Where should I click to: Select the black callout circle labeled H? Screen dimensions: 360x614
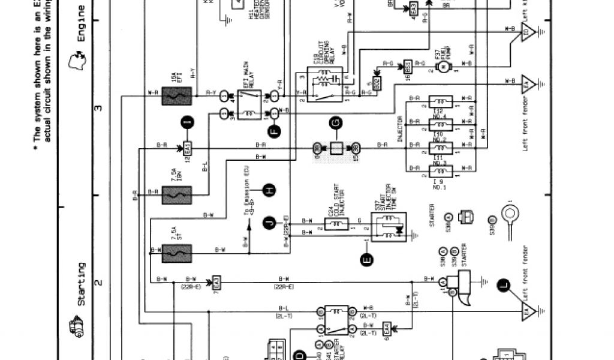click(270, 190)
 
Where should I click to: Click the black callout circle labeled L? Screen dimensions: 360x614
click(502, 285)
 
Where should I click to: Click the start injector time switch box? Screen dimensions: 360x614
click(385, 225)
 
